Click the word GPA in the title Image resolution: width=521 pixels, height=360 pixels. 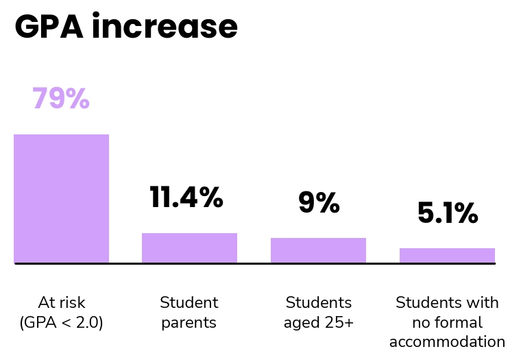49,27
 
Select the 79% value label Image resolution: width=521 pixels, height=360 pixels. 61,98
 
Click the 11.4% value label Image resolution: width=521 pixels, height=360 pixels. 186,197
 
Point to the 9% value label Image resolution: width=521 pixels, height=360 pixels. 319,202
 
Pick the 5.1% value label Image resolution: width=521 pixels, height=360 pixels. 448,213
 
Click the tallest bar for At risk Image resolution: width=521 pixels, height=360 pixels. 62,199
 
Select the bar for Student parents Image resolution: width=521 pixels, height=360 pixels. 190,248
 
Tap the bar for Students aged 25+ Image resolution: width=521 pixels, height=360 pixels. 318,250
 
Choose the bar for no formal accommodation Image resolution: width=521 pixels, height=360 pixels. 447,256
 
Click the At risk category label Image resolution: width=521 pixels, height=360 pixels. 62,302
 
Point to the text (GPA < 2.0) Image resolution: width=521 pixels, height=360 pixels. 62,322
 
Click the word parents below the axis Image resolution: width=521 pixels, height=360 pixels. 189,323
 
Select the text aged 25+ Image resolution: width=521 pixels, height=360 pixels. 319,323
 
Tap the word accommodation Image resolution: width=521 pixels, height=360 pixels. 447,341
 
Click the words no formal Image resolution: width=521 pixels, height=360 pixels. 447,322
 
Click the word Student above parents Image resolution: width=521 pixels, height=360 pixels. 189,302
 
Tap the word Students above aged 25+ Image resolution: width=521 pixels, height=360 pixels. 319,302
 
